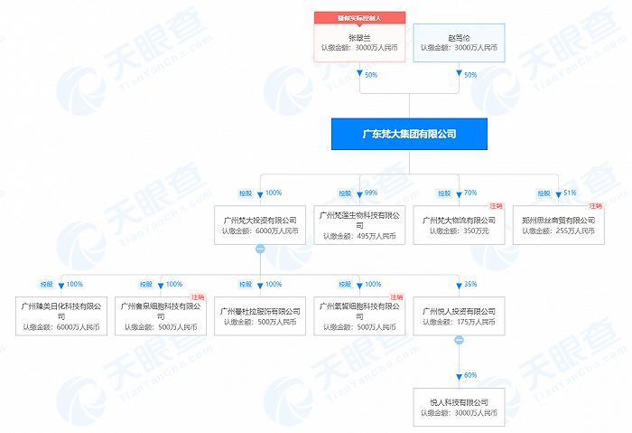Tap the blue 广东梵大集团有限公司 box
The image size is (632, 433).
(x=409, y=135)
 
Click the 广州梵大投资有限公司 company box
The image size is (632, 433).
(x=260, y=225)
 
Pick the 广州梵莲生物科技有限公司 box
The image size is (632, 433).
(x=359, y=225)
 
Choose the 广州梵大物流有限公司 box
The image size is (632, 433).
(x=459, y=225)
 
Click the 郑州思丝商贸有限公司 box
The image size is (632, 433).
(x=558, y=225)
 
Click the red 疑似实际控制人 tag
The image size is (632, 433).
(x=359, y=17)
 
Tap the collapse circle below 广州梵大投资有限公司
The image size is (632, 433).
(x=260, y=248)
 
